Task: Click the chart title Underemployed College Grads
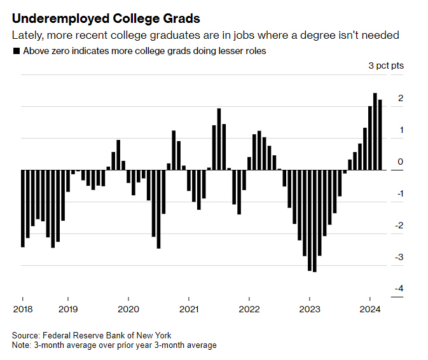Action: (x=100, y=17)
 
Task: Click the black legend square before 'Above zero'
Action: (x=16, y=51)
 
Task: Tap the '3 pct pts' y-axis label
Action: (x=386, y=66)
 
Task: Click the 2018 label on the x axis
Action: (x=23, y=310)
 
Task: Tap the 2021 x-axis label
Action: (x=188, y=310)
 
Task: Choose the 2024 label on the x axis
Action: (x=370, y=310)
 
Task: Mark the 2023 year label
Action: (x=309, y=310)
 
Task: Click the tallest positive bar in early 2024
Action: (x=375, y=132)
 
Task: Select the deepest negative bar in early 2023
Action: (x=315, y=221)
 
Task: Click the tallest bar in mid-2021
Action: (x=219, y=139)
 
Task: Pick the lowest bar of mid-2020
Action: (x=158, y=209)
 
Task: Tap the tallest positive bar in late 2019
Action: (x=118, y=155)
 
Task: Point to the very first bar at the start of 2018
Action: (x=23, y=209)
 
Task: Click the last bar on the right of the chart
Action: (x=380, y=135)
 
